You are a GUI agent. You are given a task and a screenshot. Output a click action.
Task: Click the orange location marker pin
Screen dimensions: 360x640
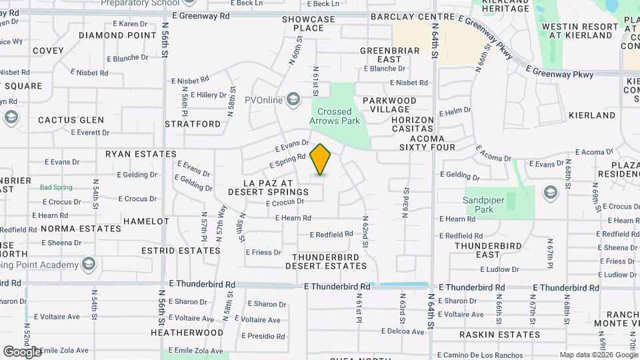point(321,159)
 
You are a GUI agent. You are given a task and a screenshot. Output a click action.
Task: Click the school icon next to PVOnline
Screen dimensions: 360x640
point(293,100)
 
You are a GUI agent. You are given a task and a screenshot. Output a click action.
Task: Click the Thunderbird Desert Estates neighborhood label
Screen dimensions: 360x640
point(326,261)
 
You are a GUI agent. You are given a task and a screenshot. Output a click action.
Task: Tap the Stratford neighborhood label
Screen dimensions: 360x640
point(193,124)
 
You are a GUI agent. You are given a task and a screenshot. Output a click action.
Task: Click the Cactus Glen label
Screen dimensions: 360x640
point(71,120)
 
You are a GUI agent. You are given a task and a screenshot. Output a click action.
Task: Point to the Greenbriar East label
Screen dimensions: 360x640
point(390,55)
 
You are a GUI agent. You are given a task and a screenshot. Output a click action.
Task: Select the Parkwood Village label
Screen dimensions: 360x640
point(389,105)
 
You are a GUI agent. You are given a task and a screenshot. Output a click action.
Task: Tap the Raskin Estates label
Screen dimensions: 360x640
point(500,335)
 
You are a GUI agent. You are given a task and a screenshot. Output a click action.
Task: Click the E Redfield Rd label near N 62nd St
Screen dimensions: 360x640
point(331,234)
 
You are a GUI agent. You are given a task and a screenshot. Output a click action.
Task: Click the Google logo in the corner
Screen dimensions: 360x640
point(22,351)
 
